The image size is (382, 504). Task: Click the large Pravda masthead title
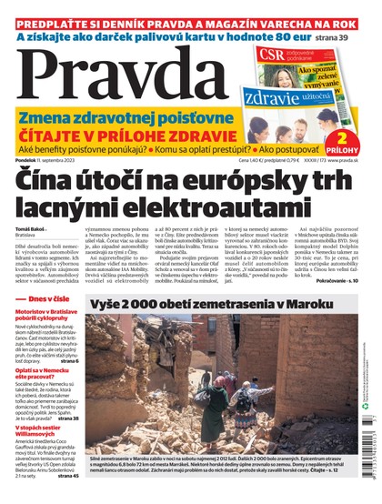click(127, 72)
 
